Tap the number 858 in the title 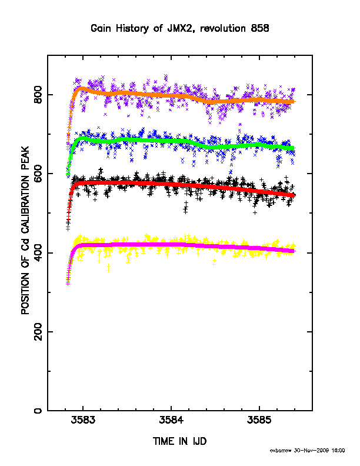coord(260,28)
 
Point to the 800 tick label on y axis coord(38,95)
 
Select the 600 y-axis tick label coord(38,174)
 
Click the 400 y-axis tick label coord(38,252)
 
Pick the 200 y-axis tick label coord(38,332)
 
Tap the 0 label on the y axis coord(38,411)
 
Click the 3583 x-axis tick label coord(83,420)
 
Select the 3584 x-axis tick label coord(171,420)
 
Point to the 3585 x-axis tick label coord(259,420)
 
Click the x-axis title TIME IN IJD coord(179,441)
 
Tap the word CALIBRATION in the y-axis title coord(25,205)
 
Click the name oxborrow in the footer coord(281,451)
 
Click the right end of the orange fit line coord(294,102)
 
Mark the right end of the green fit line coord(294,148)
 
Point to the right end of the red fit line coord(294,195)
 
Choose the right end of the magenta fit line coord(294,251)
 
